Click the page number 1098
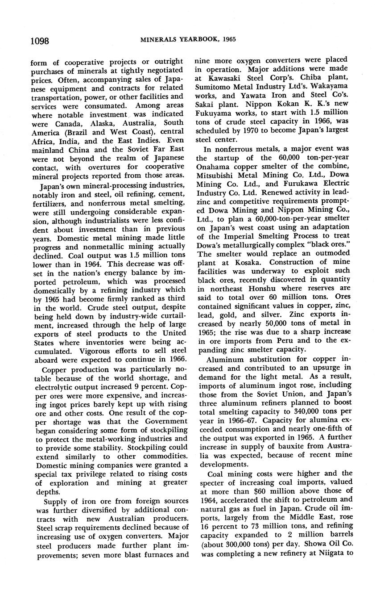coord(39,41)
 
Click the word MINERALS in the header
coord(158,39)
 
